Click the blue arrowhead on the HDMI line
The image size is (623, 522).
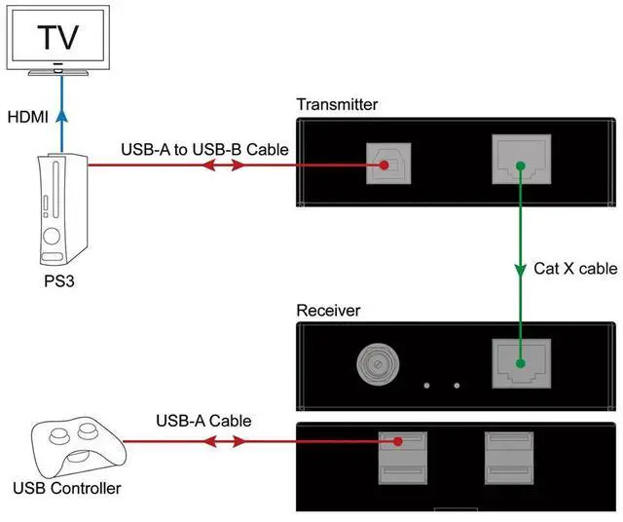(61, 116)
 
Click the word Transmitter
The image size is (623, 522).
(337, 104)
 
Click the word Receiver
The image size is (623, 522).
(328, 311)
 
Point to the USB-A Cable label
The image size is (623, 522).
(203, 421)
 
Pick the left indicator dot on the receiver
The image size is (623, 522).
(427, 384)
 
